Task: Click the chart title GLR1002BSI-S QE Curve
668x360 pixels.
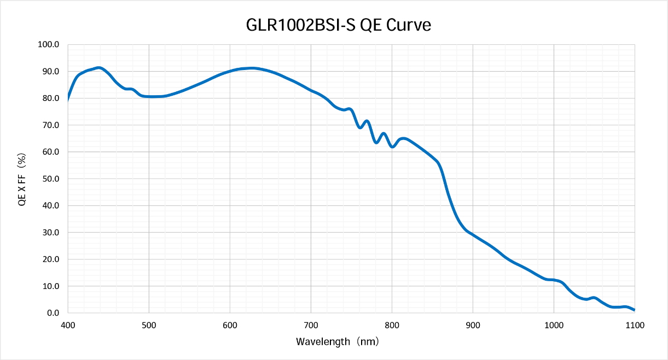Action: tap(338, 25)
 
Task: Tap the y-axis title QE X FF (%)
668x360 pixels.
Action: tap(22, 179)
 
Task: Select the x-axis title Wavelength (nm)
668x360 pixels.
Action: tap(338, 342)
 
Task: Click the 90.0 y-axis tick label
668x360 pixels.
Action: tap(49, 71)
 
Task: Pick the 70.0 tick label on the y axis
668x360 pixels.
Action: tap(49, 125)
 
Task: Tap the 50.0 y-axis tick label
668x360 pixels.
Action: tap(49, 179)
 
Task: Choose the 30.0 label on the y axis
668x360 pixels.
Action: tap(49, 233)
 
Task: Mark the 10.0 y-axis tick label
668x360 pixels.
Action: tap(49, 286)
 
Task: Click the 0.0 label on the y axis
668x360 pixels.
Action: tap(51, 313)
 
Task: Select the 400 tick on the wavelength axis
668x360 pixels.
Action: tap(68, 326)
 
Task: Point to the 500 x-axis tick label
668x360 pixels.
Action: tap(149, 326)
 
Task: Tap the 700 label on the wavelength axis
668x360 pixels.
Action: tap(311, 326)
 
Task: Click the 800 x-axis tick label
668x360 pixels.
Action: tap(392, 326)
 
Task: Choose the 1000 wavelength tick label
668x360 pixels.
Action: tap(554, 326)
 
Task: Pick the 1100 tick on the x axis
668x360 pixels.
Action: tap(635, 326)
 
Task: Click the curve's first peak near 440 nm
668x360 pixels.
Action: tap(98, 68)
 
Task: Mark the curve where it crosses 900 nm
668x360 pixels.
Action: tap(473, 235)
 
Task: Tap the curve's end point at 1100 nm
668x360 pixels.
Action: tap(634, 310)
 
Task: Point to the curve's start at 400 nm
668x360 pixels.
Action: tap(68, 99)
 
